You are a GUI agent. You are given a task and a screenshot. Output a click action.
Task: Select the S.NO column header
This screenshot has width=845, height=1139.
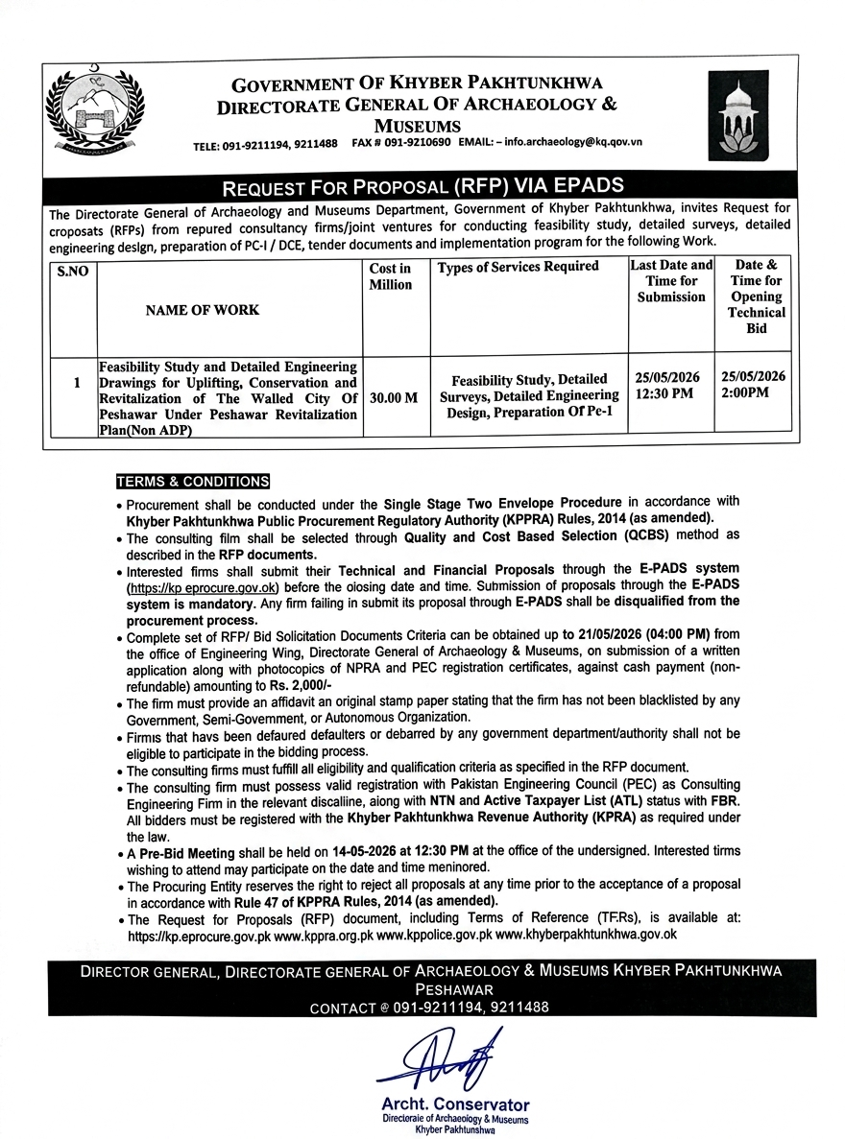tap(72, 272)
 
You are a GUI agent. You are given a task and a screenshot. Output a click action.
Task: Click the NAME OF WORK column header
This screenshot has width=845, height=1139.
tap(202, 310)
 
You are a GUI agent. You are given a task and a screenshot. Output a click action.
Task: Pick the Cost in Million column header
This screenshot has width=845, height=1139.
tap(391, 276)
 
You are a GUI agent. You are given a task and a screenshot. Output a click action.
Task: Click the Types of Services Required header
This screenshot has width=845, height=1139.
tap(519, 267)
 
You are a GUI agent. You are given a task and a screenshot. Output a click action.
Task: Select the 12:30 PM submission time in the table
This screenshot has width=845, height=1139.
tap(662, 393)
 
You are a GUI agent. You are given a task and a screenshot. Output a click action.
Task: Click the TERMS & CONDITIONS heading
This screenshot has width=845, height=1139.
tap(193, 481)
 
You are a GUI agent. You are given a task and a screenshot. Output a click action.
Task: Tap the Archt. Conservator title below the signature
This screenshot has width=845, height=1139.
tap(454, 1105)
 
